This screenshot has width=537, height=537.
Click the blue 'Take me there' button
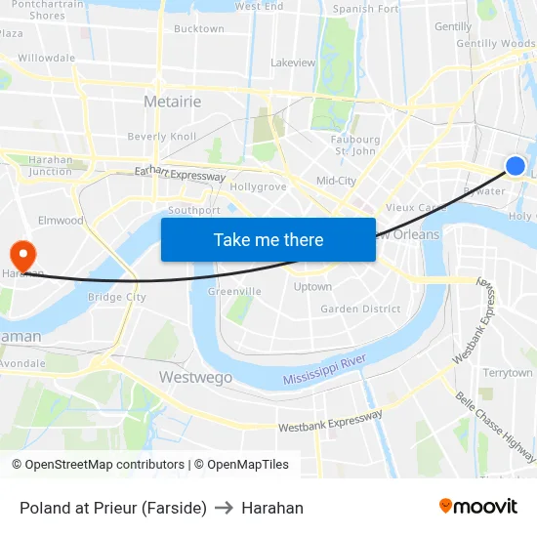(268, 240)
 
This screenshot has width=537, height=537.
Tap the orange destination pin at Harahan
(21, 255)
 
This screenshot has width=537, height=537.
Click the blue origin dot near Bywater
(516, 166)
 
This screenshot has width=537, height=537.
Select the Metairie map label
(172, 102)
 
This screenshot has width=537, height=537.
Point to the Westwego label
(194, 377)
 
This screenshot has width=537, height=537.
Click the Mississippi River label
(324, 370)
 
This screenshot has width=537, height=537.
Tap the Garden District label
(360, 310)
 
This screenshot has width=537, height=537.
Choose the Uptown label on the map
(312, 287)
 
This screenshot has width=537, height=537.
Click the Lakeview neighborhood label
(293, 62)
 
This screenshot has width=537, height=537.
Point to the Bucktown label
(198, 29)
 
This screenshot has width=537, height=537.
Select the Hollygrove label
(258, 186)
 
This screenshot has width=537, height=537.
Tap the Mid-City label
(336, 181)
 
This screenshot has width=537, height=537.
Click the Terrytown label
(508, 373)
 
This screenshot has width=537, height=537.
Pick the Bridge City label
(116, 297)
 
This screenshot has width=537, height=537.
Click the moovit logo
(478, 507)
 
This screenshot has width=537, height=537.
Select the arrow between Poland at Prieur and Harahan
(224, 508)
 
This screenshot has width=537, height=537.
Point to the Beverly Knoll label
(162, 137)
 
